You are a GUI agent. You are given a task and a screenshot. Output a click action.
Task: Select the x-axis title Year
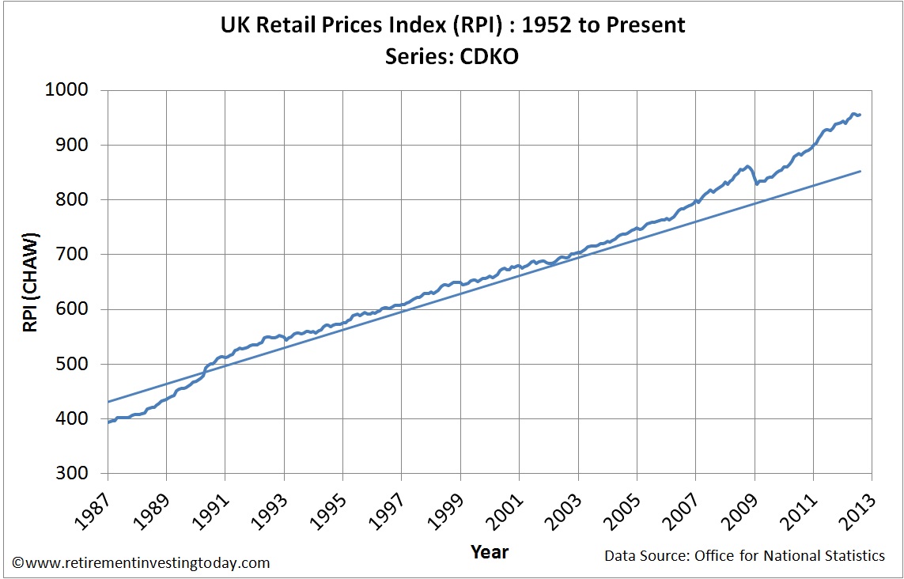click(x=490, y=551)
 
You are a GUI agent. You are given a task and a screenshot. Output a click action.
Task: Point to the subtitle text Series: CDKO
click(x=452, y=57)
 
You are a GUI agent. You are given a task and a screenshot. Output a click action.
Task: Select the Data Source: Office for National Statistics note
click(x=744, y=556)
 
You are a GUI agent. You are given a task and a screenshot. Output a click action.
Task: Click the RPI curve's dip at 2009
click(x=756, y=184)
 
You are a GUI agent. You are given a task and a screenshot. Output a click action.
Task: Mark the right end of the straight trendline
click(x=861, y=171)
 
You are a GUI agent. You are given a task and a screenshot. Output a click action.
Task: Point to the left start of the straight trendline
click(x=108, y=402)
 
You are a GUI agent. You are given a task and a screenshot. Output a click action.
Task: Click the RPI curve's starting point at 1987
click(x=108, y=422)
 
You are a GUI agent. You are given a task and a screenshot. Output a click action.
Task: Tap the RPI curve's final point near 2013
click(x=861, y=115)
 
